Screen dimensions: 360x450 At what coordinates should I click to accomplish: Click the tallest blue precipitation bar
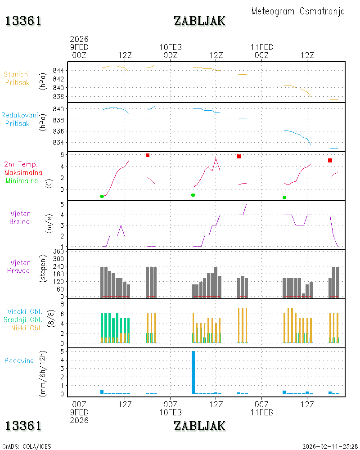click(193, 372)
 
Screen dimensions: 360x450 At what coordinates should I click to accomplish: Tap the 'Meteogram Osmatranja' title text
click(298, 12)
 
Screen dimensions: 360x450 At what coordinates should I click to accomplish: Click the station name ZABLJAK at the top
click(200, 21)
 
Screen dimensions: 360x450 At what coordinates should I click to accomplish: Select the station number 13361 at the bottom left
click(23, 426)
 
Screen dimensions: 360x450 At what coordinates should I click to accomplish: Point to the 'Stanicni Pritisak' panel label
click(17, 78)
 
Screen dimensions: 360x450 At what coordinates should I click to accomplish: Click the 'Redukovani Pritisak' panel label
click(19, 119)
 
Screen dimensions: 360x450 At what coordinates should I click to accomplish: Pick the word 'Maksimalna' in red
click(23, 173)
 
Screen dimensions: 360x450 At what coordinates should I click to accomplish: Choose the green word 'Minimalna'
click(22, 181)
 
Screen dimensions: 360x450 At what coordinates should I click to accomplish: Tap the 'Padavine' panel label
click(19, 361)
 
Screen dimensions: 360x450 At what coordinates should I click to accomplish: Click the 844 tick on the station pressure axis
click(58, 70)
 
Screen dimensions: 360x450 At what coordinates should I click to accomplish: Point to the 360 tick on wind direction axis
click(58, 252)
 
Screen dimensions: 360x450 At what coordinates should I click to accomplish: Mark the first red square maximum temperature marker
click(148, 155)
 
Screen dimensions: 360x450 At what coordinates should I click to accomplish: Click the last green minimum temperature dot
click(284, 198)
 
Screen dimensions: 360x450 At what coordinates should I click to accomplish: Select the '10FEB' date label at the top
click(171, 47)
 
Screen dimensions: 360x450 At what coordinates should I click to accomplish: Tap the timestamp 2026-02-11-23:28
click(330, 446)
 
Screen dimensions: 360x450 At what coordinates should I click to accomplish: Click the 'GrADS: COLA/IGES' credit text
click(27, 446)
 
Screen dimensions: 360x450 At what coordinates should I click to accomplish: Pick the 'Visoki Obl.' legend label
click(25, 312)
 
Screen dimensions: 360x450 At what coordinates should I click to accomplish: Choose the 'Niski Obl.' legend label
click(27, 328)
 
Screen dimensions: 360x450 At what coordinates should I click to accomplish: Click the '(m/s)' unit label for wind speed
click(49, 224)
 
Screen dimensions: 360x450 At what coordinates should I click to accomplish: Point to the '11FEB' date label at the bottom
click(262, 412)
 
